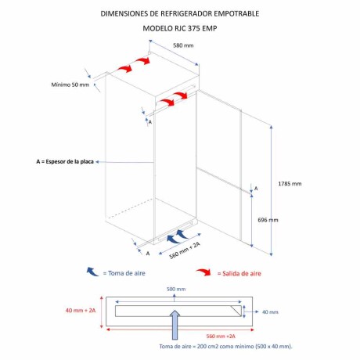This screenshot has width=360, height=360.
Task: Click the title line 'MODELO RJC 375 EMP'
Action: tap(180, 28)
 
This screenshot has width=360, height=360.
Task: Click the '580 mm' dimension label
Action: tap(183, 45)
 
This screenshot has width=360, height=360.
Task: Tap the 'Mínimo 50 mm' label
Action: tap(70, 85)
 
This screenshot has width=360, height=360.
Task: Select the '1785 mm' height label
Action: tap(290, 184)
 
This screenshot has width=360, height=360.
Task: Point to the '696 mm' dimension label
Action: tap(268, 220)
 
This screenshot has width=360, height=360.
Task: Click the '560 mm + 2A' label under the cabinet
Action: tap(185, 250)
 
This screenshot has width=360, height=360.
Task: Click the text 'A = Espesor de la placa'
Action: tap(65, 162)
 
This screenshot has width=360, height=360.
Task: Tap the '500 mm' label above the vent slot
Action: tap(176, 289)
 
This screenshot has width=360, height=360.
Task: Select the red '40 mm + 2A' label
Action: tap(81, 311)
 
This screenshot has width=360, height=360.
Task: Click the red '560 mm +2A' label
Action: tap(221, 337)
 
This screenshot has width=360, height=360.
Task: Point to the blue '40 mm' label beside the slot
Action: tap(270, 312)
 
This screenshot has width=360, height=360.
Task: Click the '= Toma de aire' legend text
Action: tap(124, 273)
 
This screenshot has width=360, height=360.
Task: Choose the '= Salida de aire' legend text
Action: tap(239, 273)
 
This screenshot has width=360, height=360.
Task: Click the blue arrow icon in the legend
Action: tap(92, 272)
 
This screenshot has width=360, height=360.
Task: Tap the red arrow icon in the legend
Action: tap(203, 272)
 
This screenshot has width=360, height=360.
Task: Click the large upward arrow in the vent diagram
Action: tap(175, 325)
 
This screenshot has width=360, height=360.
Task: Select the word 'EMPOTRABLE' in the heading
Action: tap(236, 13)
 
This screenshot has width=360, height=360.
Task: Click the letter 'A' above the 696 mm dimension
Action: tap(256, 189)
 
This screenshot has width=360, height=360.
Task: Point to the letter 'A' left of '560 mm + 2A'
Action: tap(148, 254)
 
